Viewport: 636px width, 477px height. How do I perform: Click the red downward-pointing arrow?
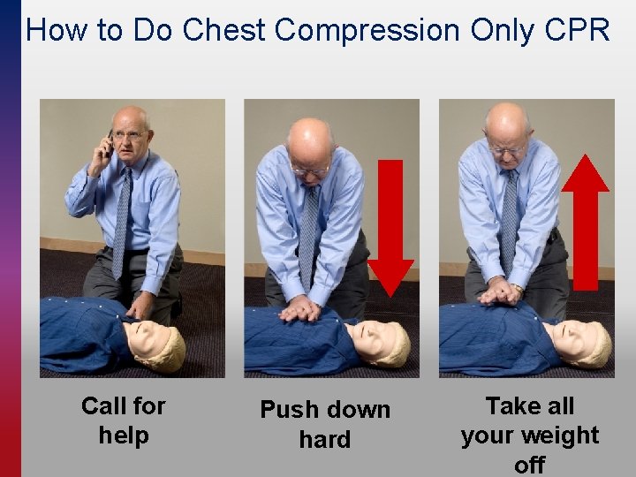[x=390, y=229]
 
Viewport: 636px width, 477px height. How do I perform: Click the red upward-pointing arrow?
[x=586, y=223]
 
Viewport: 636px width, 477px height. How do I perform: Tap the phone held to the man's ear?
[x=109, y=144]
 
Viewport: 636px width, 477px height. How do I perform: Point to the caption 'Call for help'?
[x=124, y=420]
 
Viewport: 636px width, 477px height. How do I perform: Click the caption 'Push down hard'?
[x=325, y=424]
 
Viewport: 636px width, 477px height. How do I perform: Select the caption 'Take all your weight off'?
[x=530, y=435]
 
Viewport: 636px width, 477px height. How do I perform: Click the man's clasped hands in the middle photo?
[x=299, y=308]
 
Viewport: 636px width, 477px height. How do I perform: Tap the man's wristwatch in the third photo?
[x=517, y=288]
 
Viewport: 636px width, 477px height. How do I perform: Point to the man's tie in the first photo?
[x=122, y=223]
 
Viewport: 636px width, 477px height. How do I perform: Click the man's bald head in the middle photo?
[x=309, y=142]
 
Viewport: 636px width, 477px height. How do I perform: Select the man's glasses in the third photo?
[x=506, y=151]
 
